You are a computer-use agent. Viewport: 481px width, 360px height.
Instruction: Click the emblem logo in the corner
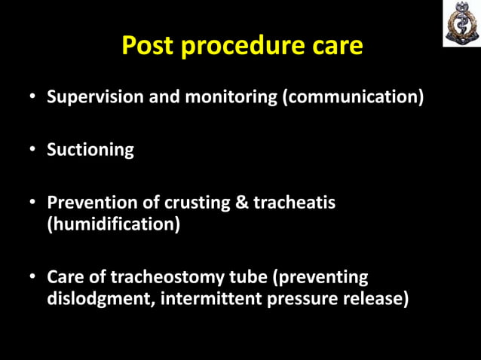(x=461, y=23)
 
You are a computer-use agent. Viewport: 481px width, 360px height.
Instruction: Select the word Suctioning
(x=90, y=149)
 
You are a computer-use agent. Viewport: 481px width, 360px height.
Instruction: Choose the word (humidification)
(x=114, y=224)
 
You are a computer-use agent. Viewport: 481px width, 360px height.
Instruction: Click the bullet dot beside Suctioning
(x=33, y=150)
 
